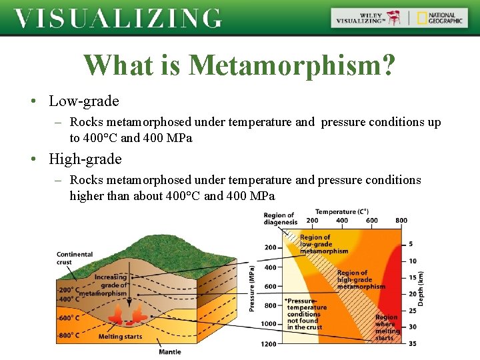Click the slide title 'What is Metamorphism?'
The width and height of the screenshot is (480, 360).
tap(239, 65)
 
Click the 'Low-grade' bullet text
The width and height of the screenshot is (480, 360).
tap(83, 101)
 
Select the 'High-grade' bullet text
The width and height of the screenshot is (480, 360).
tap(85, 159)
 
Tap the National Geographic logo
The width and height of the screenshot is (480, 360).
tap(439, 18)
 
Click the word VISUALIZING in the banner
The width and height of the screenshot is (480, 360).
tap(118, 18)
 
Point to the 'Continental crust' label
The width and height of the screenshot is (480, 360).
tap(74, 258)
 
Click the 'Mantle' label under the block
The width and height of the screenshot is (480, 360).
tap(169, 351)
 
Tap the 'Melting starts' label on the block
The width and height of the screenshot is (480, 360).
tap(120, 337)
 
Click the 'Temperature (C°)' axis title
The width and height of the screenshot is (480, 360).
tap(341, 211)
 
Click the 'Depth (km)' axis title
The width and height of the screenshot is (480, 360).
tap(421, 289)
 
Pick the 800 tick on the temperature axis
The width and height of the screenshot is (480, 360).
tap(401, 221)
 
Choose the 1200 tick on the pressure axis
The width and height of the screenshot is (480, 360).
tap(268, 343)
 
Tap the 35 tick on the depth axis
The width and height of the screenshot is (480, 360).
tap(411, 343)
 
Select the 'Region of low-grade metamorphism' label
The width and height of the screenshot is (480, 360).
tap(323, 244)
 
